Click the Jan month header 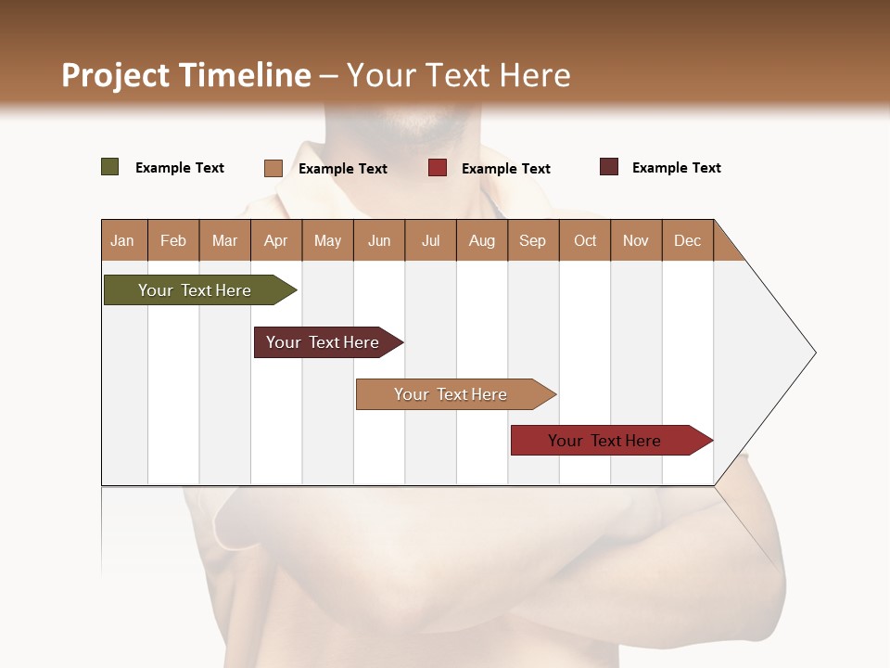click(x=123, y=240)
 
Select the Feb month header click(x=173, y=240)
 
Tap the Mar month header click(x=224, y=240)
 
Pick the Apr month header click(x=275, y=240)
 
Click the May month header click(x=327, y=240)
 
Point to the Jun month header click(x=379, y=240)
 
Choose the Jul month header click(x=430, y=240)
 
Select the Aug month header click(x=481, y=240)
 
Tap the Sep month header click(x=532, y=240)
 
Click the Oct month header click(x=585, y=240)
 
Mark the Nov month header click(x=636, y=240)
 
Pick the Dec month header click(x=687, y=240)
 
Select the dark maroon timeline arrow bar click(x=324, y=342)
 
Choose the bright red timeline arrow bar click(x=607, y=441)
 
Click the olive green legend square click(x=109, y=167)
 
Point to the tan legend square click(x=273, y=168)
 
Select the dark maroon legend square click(x=608, y=167)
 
